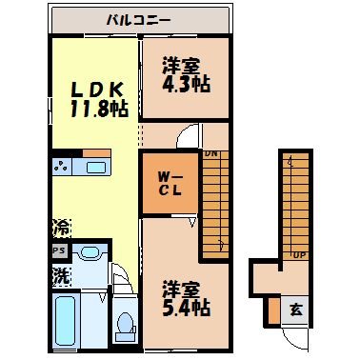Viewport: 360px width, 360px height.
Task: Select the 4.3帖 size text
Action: click(x=185, y=85)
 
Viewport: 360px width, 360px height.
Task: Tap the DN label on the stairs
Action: click(x=210, y=154)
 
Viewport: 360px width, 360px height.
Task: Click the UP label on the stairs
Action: click(x=298, y=255)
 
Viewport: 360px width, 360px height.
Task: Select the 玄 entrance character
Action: click(x=295, y=310)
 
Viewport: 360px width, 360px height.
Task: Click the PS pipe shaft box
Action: click(x=59, y=252)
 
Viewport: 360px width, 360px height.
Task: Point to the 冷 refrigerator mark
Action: click(x=59, y=230)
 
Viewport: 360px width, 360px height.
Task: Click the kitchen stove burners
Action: click(x=63, y=168)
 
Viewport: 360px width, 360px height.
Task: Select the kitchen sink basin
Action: click(x=96, y=168)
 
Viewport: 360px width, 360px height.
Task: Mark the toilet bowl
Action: click(x=124, y=327)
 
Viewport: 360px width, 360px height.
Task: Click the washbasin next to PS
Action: click(x=90, y=254)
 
